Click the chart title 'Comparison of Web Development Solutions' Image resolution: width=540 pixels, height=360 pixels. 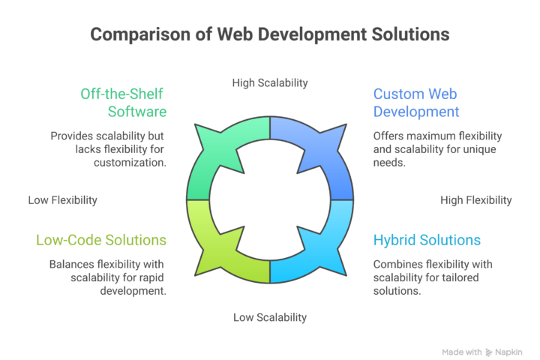click(270, 34)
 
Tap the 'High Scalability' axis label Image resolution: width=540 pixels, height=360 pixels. click(270, 82)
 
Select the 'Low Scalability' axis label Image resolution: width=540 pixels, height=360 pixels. click(270, 317)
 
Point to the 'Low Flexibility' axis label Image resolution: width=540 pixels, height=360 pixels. click(63, 200)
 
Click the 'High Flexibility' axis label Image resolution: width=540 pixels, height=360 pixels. click(476, 200)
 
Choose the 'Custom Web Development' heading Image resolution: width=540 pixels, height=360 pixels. click(416, 103)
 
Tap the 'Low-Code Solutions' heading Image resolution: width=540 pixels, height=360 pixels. click(101, 241)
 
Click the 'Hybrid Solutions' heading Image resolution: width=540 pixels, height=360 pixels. click(427, 241)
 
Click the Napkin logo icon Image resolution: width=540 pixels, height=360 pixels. click(489, 351)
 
